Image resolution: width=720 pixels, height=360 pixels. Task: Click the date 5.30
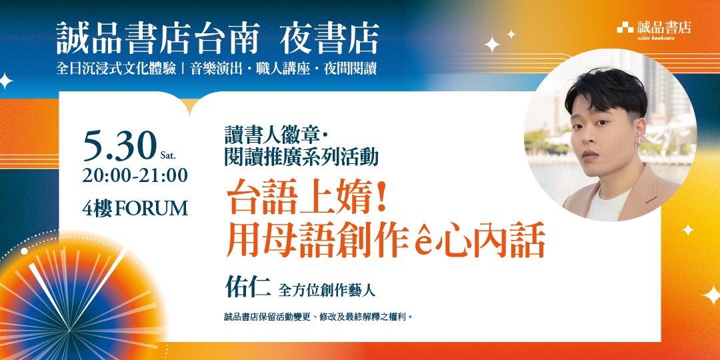pos(119,147)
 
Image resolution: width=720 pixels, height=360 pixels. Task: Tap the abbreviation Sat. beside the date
pos(168,156)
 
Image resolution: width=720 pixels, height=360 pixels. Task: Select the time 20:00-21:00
pos(135,176)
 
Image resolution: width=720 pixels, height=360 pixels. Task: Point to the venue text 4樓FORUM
pos(135,208)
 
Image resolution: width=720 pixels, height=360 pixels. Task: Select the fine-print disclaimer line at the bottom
pos(319,317)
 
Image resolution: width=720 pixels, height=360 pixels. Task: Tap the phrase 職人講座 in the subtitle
pos(284,69)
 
